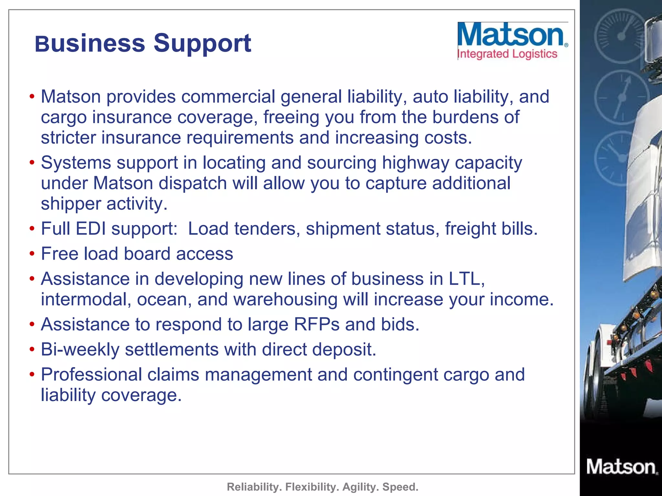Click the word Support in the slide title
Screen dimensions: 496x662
tap(202, 44)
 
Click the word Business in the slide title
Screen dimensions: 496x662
tap(90, 44)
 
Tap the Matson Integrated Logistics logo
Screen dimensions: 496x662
tap(512, 41)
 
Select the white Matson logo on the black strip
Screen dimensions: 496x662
tap(622, 467)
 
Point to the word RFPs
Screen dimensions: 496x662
tap(316, 324)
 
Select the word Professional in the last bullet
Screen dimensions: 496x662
tap(91, 375)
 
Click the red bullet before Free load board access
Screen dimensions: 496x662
tap(32, 254)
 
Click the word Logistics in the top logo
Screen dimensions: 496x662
tap(535, 54)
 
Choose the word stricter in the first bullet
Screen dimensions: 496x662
tap(69, 138)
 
